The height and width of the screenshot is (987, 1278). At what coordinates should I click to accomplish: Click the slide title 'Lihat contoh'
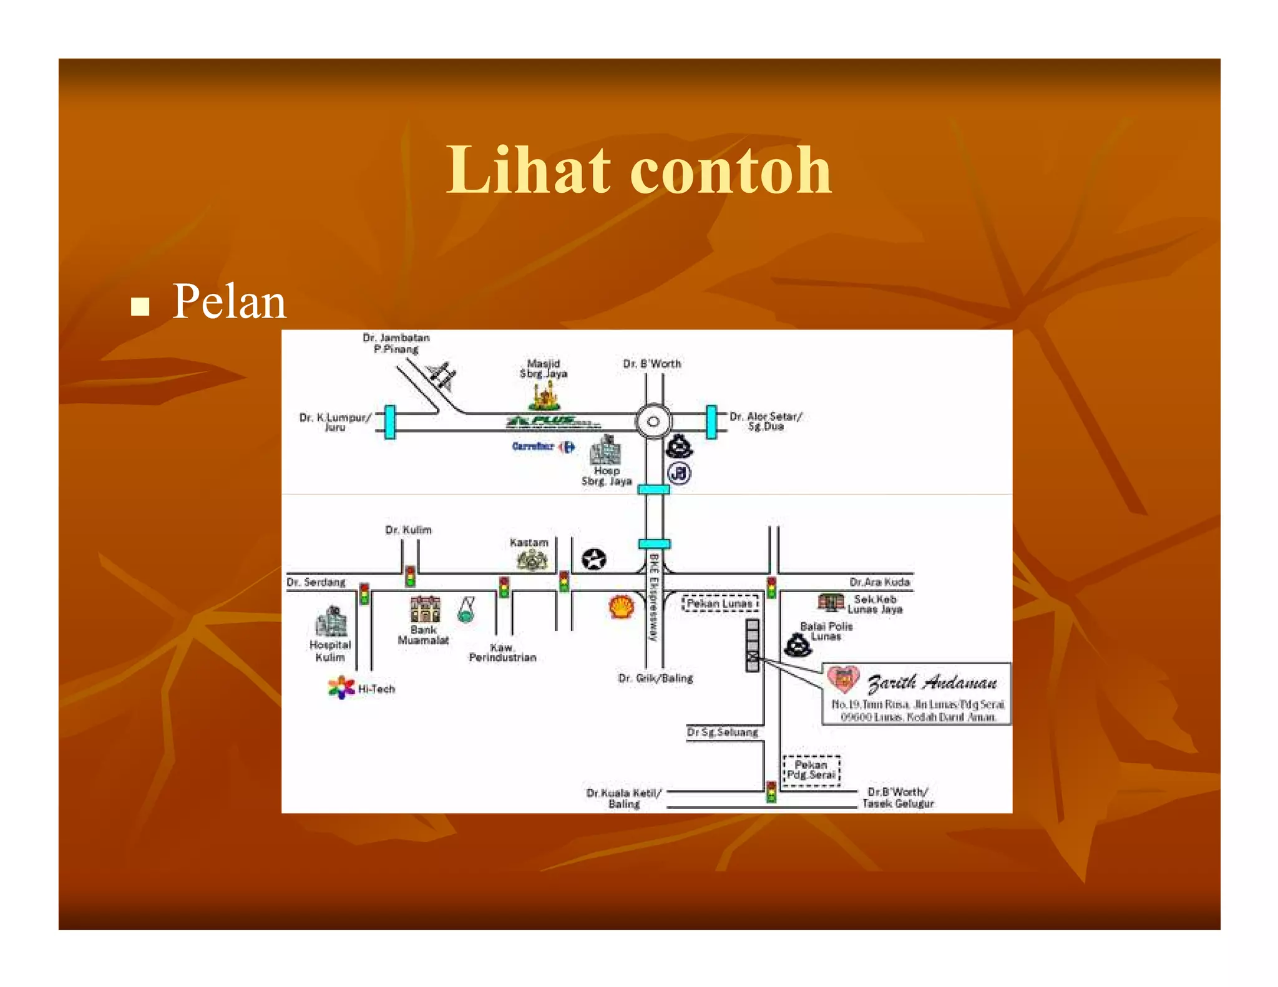click(638, 170)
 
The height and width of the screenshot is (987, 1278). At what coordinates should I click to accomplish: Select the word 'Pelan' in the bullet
click(229, 302)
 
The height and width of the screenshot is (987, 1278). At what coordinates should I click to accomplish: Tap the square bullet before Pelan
click(140, 306)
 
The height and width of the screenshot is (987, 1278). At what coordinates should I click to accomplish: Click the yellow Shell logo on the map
click(621, 606)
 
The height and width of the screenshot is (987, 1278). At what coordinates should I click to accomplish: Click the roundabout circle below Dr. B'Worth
click(653, 421)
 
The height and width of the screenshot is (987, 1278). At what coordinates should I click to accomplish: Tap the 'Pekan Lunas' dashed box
click(720, 603)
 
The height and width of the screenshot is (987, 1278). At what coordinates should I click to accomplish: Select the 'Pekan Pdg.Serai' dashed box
click(811, 771)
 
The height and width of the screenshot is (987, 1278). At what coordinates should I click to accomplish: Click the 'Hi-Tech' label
click(376, 689)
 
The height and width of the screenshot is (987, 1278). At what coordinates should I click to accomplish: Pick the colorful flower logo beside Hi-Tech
click(341, 688)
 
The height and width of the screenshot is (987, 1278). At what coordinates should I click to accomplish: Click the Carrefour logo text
click(533, 446)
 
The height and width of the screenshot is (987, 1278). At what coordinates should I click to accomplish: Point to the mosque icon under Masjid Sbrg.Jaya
click(544, 396)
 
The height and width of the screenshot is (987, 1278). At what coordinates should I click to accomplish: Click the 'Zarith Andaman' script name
click(932, 683)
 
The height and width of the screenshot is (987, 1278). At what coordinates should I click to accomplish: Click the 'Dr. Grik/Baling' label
click(655, 678)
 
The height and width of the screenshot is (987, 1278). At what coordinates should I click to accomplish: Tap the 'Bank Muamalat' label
click(424, 635)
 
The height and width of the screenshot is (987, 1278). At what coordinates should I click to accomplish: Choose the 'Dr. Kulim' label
click(408, 530)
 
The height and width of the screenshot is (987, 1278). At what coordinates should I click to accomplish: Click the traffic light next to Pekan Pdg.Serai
click(771, 792)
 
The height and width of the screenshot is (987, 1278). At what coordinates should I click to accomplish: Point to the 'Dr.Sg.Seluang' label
click(723, 732)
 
